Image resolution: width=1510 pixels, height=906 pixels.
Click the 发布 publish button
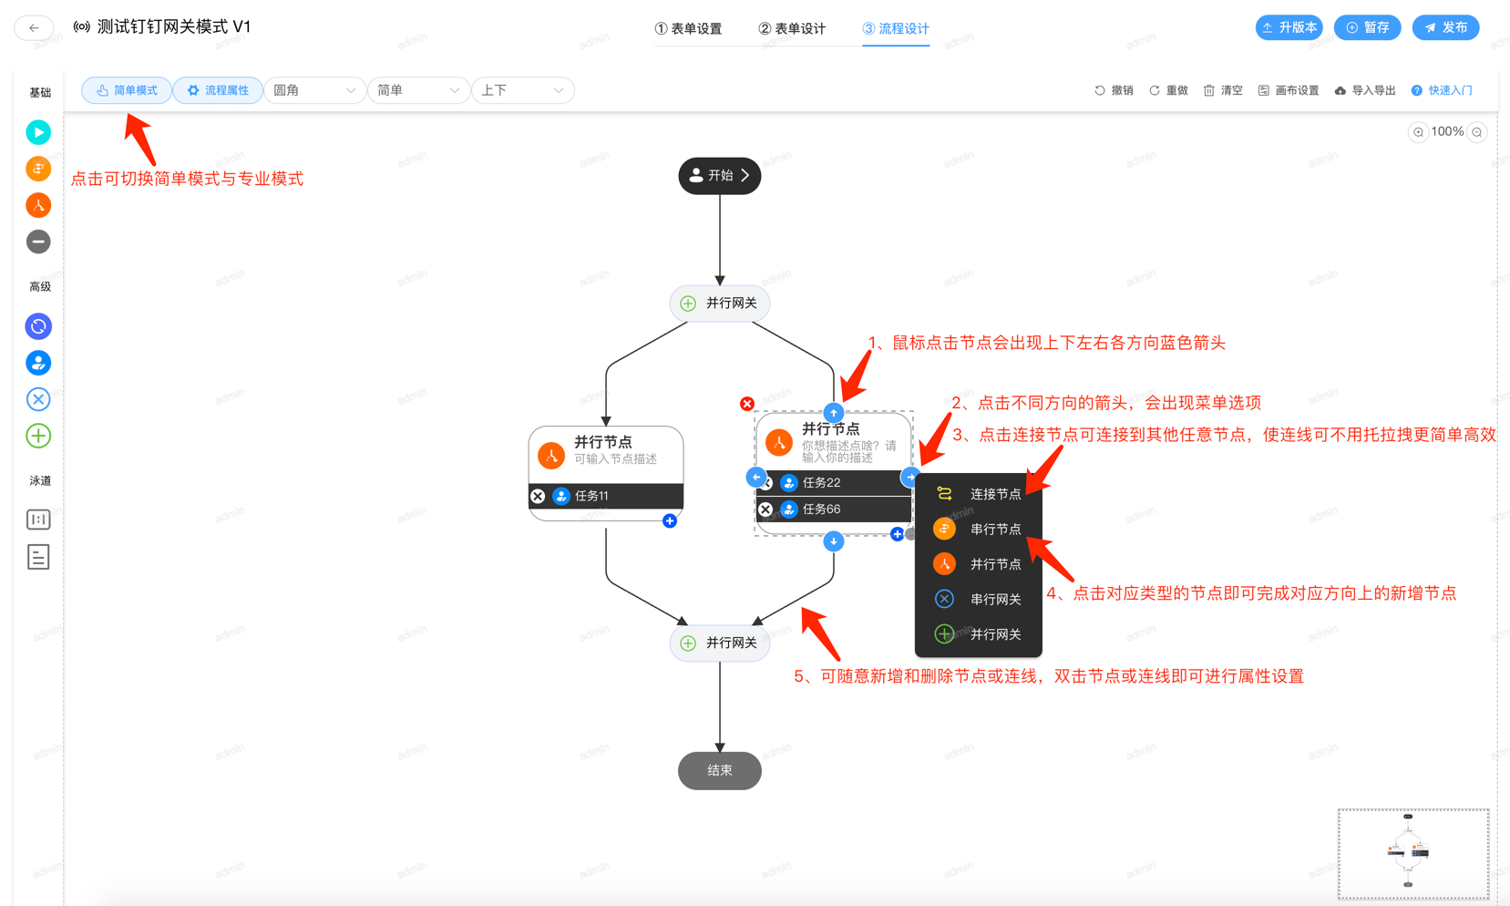(x=1445, y=27)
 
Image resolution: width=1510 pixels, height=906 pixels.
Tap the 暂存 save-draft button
(x=1367, y=27)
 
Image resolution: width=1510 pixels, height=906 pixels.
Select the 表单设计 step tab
(x=792, y=28)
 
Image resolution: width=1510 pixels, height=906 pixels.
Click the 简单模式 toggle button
(x=127, y=90)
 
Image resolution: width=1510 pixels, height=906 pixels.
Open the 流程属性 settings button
(x=218, y=90)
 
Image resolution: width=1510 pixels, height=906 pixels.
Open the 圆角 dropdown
(x=314, y=90)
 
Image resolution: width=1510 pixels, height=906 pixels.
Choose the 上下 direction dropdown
(x=522, y=90)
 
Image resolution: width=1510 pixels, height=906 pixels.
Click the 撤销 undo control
(x=1114, y=90)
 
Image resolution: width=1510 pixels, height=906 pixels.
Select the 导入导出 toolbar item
(x=1365, y=90)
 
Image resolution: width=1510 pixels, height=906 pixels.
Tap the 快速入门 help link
(x=1442, y=90)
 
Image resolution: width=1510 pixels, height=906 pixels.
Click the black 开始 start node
(x=719, y=176)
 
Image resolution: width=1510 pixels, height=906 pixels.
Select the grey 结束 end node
(x=719, y=770)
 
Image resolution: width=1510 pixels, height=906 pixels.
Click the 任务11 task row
(x=606, y=496)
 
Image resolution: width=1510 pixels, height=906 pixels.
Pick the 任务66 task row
(x=833, y=510)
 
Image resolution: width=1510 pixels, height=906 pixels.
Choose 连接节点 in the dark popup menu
(x=978, y=494)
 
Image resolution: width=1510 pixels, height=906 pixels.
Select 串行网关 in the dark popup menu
(x=978, y=599)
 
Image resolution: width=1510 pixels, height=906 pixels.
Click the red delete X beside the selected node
(x=747, y=404)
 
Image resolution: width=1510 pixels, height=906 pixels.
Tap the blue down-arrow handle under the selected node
(x=833, y=541)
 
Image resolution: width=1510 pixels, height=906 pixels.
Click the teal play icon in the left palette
(x=38, y=132)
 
